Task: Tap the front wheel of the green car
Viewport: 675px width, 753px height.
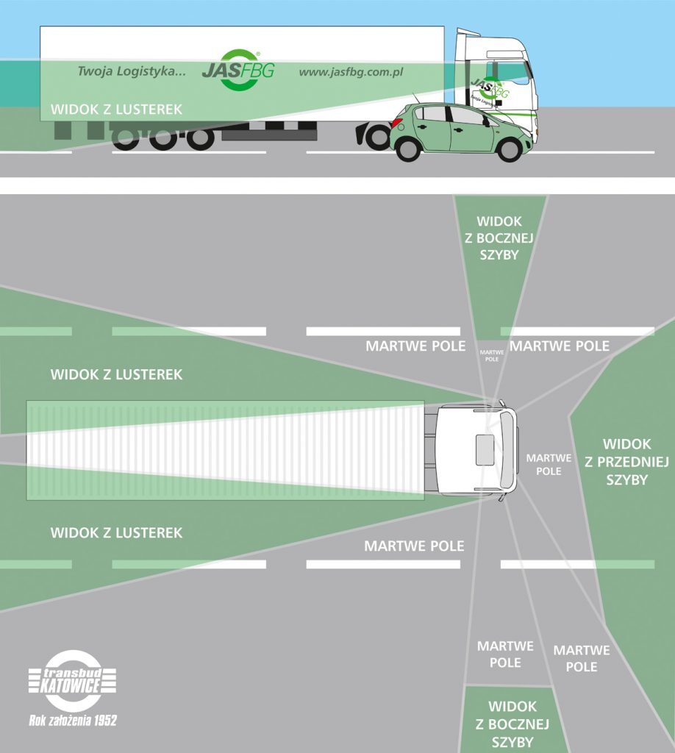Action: [509, 149]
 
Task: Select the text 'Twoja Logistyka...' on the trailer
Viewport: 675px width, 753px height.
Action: [132, 72]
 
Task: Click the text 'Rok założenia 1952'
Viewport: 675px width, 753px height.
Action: [72, 721]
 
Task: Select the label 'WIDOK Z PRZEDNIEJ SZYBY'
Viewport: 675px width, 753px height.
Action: [626, 462]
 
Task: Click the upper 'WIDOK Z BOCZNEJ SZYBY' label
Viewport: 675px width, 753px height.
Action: [499, 238]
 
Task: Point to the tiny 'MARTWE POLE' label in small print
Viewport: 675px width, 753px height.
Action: [492, 356]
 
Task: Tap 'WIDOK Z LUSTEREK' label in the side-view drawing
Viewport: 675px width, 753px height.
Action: [116, 110]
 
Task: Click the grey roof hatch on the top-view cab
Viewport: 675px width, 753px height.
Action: [485, 449]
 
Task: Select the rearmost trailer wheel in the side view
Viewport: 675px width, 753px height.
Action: [126, 138]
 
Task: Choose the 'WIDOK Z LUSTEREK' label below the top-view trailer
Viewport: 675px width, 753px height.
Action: [116, 532]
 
